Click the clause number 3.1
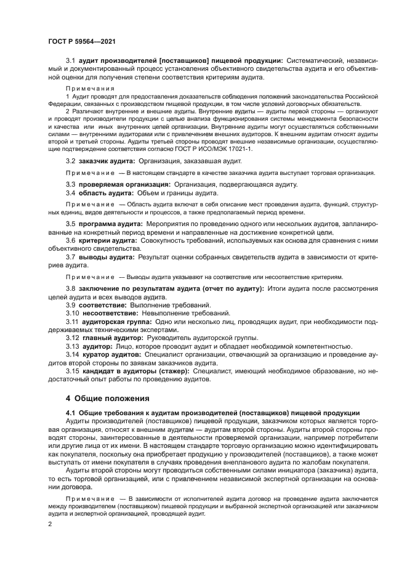(x=70, y=60)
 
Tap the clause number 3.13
(x=72, y=346)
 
